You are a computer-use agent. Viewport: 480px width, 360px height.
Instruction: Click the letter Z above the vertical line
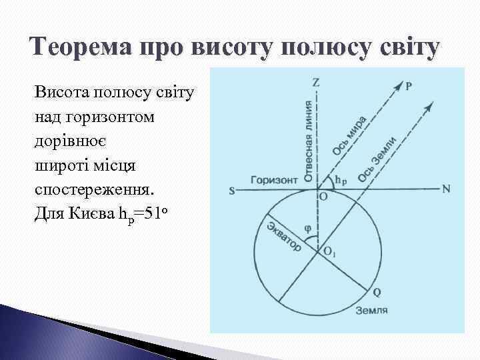(x=316, y=83)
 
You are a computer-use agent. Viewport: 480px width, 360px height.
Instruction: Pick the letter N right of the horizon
(x=446, y=189)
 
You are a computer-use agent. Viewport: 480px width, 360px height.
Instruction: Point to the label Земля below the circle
(x=371, y=311)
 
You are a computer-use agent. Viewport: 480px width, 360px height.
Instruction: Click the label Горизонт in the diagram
(x=273, y=180)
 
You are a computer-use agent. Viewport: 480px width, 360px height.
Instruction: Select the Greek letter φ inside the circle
(x=307, y=227)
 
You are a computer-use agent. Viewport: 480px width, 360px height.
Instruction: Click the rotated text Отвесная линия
(x=308, y=141)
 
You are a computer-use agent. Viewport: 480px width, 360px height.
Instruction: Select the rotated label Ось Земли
(x=377, y=159)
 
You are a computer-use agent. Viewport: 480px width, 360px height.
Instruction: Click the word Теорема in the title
(x=87, y=48)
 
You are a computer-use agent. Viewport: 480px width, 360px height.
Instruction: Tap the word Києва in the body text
(x=89, y=215)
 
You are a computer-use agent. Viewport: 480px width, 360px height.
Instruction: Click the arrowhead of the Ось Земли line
(x=431, y=105)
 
